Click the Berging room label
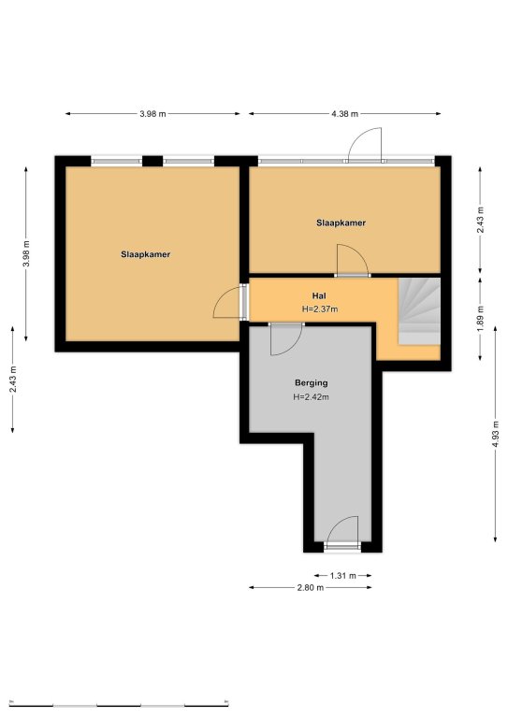[x=311, y=382]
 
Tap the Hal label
[x=319, y=296]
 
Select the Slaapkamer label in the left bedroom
[x=146, y=254]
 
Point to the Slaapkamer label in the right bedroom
[x=341, y=223]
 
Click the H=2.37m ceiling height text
[x=320, y=309]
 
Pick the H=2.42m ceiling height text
[x=311, y=397]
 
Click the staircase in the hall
[x=419, y=311]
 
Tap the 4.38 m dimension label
[x=345, y=114]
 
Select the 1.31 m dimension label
[x=343, y=576]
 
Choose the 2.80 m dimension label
[x=311, y=587]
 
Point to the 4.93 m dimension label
[x=495, y=435]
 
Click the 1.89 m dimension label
[x=480, y=319]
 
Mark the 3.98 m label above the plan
[x=153, y=114]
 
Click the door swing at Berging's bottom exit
[x=342, y=530]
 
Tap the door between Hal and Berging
[x=285, y=339]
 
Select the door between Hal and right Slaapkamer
[x=353, y=260]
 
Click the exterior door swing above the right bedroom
[x=365, y=144]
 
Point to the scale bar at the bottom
[x=119, y=704]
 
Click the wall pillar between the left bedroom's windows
[x=152, y=161]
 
